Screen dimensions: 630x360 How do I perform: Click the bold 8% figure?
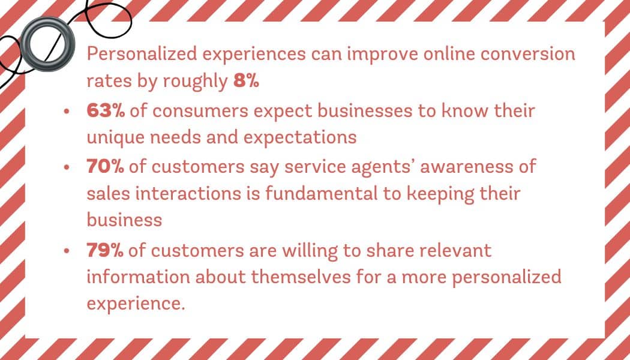click(x=246, y=82)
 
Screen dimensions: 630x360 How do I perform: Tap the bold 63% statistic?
click(x=106, y=111)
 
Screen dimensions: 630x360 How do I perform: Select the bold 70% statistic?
click(x=105, y=167)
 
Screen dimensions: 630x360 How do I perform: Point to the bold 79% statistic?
click(x=105, y=251)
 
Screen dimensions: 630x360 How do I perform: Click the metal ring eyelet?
click(x=47, y=44)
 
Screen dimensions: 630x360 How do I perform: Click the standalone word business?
click(x=125, y=220)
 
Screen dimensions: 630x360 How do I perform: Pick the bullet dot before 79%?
click(x=67, y=251)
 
